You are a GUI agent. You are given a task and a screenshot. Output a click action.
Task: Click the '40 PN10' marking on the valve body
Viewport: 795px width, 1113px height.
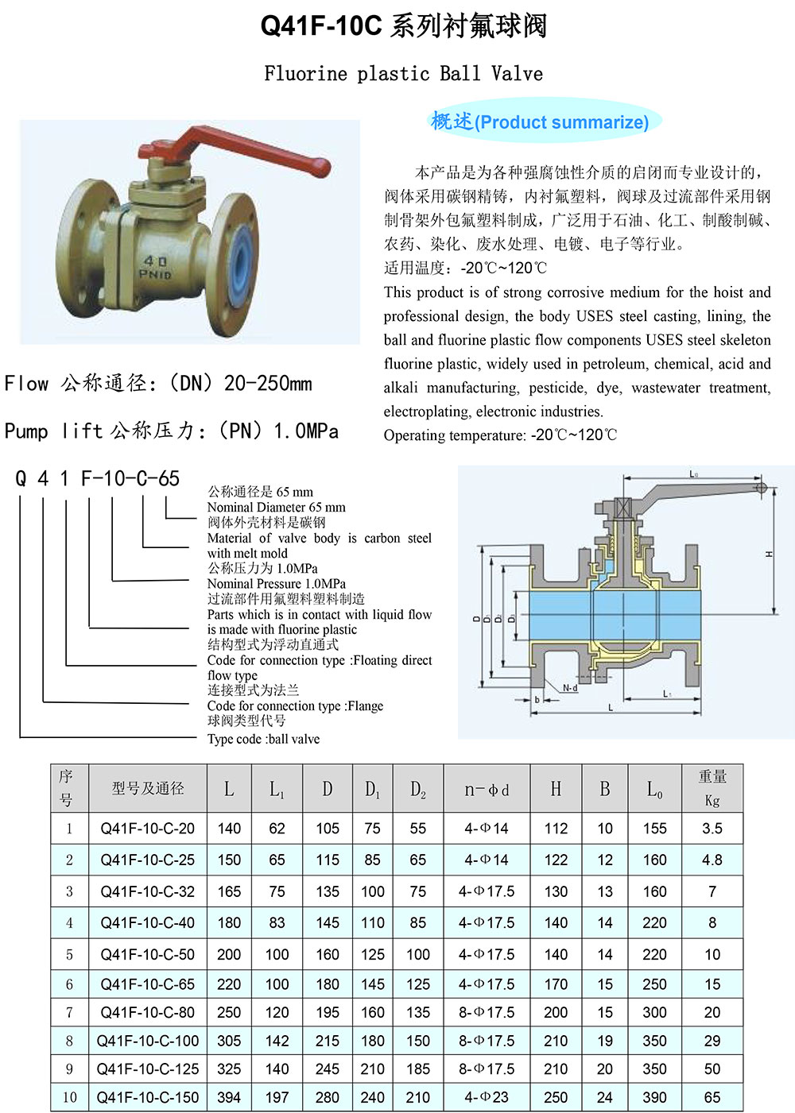click(x=155, y=267)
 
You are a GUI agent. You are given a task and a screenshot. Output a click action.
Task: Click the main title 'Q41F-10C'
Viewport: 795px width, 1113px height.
click(x=321, y=26)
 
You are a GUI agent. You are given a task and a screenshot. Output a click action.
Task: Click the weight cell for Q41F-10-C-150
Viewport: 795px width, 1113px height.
click(x=712, y=1097)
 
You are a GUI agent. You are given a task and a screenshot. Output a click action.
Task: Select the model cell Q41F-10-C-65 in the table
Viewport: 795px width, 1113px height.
click(x=148, y=984)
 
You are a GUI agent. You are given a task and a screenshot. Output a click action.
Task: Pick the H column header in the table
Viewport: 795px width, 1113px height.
click(x=556, y=789)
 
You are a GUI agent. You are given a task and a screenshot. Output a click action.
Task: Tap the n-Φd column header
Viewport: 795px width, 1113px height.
click(x=487, y=790)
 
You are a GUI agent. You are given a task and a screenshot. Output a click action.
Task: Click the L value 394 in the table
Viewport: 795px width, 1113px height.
click(x=229, y=1097)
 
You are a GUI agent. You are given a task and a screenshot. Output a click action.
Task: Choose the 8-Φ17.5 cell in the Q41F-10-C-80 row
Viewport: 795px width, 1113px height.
click(x=487, y=1013)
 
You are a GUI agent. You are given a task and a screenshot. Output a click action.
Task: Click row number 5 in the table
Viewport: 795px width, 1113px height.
click(x=69, y=954)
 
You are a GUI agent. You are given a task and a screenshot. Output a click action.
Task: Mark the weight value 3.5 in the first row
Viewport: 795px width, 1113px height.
click(x=712, y=829)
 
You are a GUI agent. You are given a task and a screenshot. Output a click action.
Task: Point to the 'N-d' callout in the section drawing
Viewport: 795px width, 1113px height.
click(x=570, y=687)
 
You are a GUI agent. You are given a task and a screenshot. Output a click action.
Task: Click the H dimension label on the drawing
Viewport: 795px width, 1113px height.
click(x=770, y=554)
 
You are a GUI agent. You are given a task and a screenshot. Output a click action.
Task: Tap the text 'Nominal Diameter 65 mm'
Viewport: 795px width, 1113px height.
click(x=276, y=507)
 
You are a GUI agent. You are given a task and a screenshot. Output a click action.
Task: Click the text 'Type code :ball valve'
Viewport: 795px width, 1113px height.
click(x=263, y=739)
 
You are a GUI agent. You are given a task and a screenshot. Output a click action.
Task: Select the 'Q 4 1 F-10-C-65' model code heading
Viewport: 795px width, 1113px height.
click(x=97, y=479)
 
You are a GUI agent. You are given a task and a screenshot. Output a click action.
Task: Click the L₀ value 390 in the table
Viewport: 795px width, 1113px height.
click(x=654, y=1097)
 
